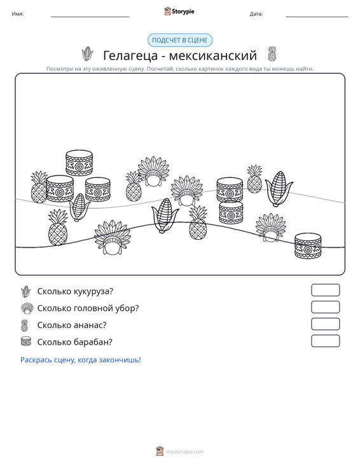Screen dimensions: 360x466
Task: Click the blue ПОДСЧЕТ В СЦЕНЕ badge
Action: pos(180,40)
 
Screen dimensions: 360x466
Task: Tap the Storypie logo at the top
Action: pos(179,11)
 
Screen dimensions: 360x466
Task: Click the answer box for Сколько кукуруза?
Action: pos(325,290)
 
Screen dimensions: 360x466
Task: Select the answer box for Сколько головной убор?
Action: pos(325,307)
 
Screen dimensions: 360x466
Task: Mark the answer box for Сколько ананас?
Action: pos(325,324)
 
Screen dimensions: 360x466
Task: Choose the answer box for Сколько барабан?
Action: pos(325,341)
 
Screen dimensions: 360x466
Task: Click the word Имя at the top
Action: pos(18,14)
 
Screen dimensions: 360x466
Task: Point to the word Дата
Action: pos(256,14)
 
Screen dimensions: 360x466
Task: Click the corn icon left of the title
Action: pos(87,54)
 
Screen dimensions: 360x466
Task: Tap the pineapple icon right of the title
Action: pos(272,54)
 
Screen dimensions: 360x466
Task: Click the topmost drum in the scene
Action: pos(79,163)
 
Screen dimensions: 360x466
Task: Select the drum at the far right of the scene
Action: pos(308,245)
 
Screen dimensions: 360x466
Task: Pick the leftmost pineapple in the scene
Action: pos(39,188)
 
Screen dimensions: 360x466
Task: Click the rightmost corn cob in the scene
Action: pos(279,189)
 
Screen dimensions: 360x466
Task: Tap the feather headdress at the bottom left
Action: pos(112,237)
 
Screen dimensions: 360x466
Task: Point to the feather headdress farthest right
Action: pos(271,228)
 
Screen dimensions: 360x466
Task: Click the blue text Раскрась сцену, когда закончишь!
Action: pos(81,360)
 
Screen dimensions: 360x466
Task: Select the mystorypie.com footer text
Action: pos(185,452)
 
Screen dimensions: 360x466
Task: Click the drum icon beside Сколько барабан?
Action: pos(26,341)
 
